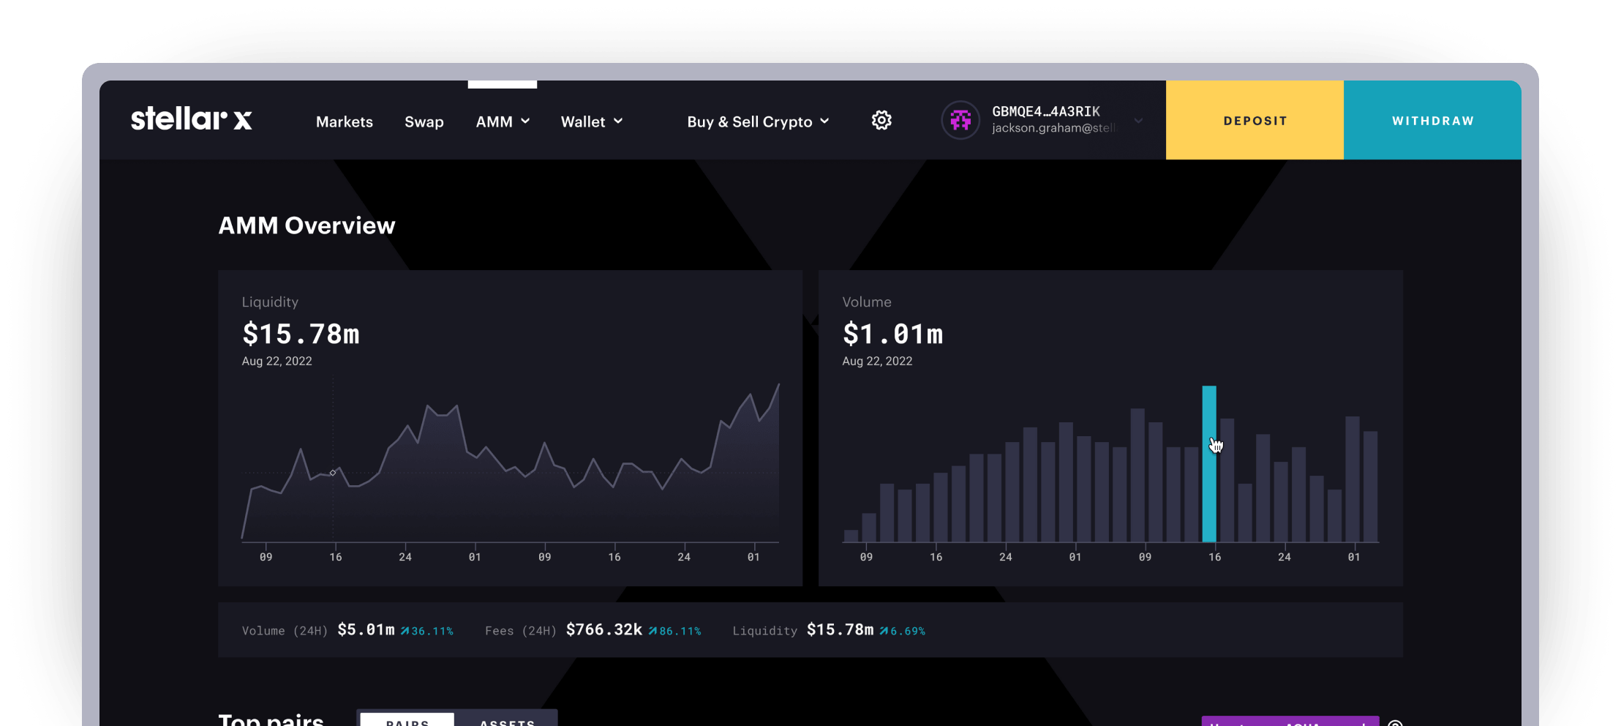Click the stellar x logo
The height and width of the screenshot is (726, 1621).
[192, 119]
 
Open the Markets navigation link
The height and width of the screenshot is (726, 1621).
[345, 121]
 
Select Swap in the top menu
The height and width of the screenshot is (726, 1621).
[424, 121]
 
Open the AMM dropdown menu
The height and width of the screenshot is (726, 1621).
[503, 121]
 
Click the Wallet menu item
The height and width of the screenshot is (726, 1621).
[591, 121]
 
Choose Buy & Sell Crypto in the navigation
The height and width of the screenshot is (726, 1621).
[758, 121]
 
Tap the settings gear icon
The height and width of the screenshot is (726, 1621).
[881, 120]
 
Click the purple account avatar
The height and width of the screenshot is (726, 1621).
[960, 120]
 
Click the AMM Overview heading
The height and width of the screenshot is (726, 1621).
[306, 225]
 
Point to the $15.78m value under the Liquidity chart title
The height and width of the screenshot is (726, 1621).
[301, 334]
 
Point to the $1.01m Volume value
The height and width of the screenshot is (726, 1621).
[892, 334]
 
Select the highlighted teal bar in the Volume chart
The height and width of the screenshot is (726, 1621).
[1209, 464]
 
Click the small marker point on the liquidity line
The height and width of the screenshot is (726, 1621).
[333, 473]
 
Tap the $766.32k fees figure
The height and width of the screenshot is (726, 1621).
[603, 630]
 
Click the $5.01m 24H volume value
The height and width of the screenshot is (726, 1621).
[366, 630]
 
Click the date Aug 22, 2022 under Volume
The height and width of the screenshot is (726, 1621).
[877, 361]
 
